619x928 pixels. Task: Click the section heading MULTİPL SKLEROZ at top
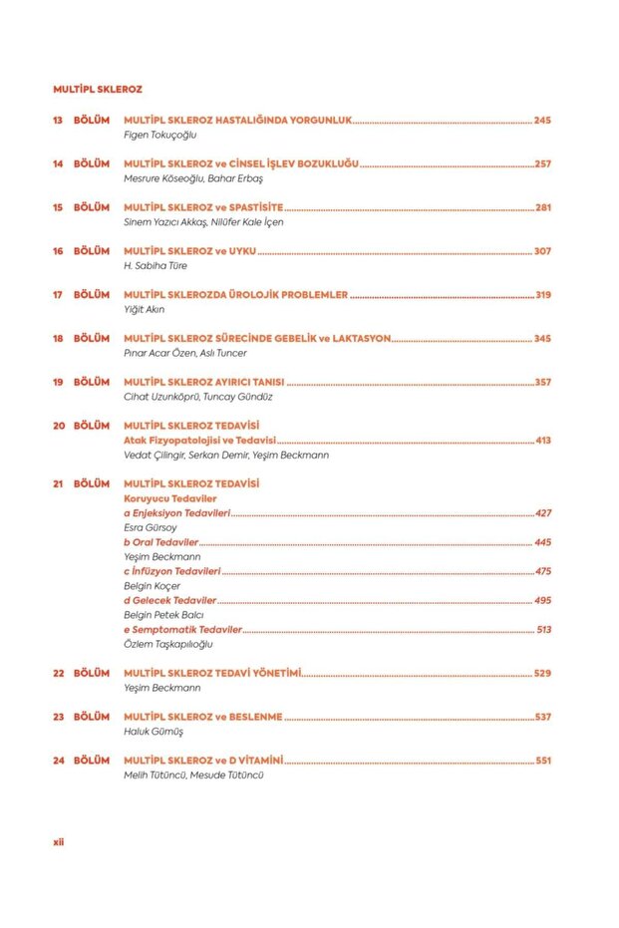pos(98,89)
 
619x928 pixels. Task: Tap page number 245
pos(542,120)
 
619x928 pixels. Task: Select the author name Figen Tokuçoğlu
pos(160,134)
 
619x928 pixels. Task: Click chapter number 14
pos(58,163)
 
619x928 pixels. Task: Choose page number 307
pos(542,251)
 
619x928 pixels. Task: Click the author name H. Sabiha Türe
pos(155,266)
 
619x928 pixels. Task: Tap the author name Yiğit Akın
pos(144,310)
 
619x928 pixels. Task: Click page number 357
pos(542,382)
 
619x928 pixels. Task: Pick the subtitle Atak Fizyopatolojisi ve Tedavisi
pos(199,440)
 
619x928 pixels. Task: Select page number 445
pos(542,542)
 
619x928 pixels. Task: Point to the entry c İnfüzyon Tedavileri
pos(171,571)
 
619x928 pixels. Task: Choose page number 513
pos(543,630)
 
